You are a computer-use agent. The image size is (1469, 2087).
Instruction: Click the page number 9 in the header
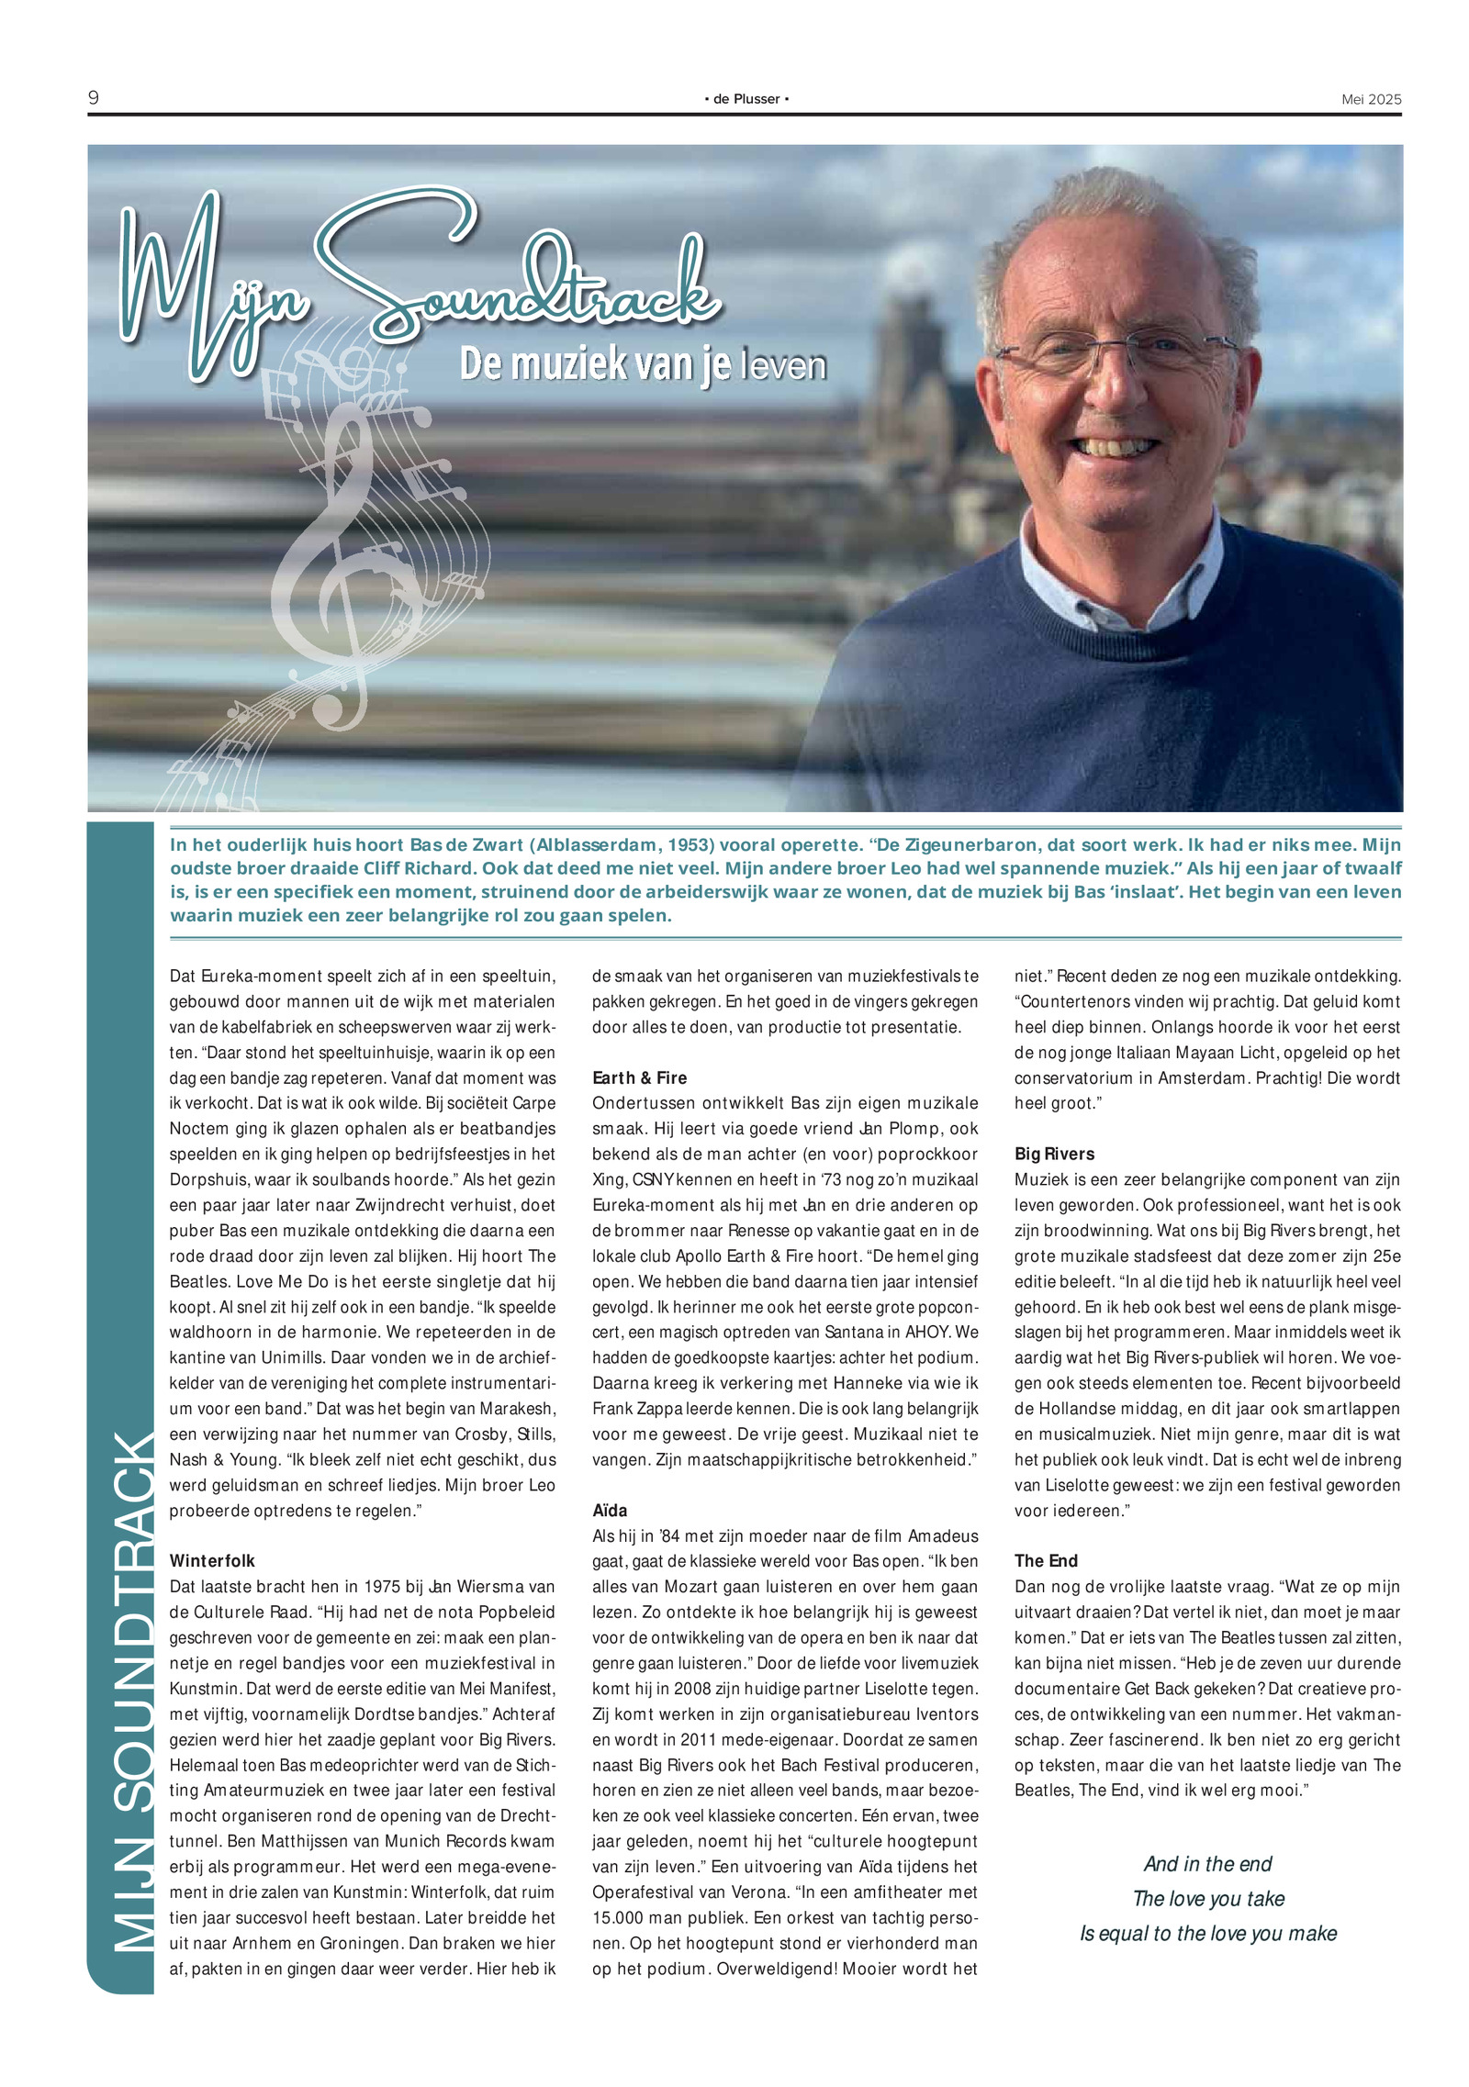94,97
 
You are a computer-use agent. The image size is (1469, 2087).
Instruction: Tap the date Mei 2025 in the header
1371,99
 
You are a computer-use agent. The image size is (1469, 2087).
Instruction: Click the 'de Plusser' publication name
746,99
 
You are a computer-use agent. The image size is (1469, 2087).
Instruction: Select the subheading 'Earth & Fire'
639,1077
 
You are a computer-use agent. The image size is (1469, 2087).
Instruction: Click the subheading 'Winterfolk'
212,1560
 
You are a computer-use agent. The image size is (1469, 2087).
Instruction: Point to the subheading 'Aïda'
610,1510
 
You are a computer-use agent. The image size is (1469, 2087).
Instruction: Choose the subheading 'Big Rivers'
1054,1154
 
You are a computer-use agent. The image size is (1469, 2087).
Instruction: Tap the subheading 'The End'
1046,1560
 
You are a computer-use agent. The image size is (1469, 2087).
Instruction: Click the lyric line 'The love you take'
1208,1898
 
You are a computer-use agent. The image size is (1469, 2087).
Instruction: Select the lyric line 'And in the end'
1207,1863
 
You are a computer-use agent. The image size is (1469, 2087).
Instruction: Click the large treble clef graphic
344,560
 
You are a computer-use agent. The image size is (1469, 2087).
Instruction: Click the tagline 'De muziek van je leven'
643,364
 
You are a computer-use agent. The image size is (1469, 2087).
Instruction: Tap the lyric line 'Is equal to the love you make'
1208,1933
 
